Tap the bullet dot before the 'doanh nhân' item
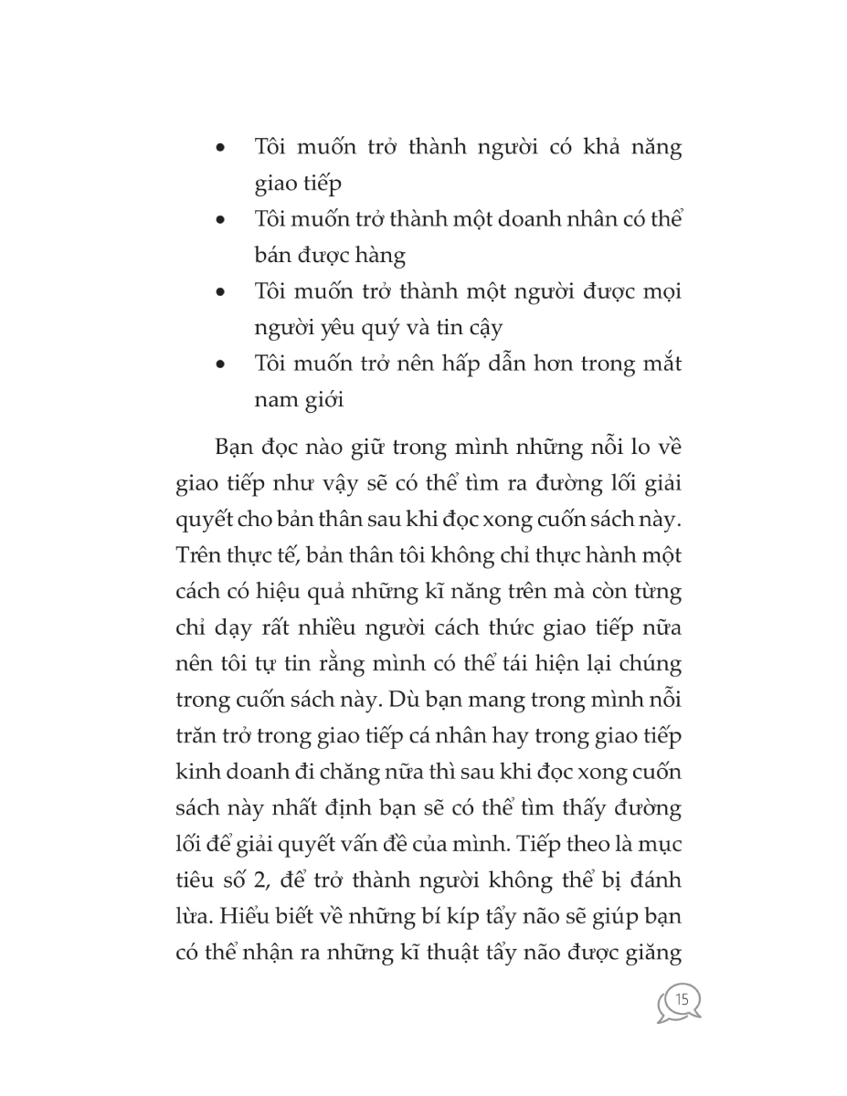pos(220,221)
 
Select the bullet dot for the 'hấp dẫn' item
pos(220,364)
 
